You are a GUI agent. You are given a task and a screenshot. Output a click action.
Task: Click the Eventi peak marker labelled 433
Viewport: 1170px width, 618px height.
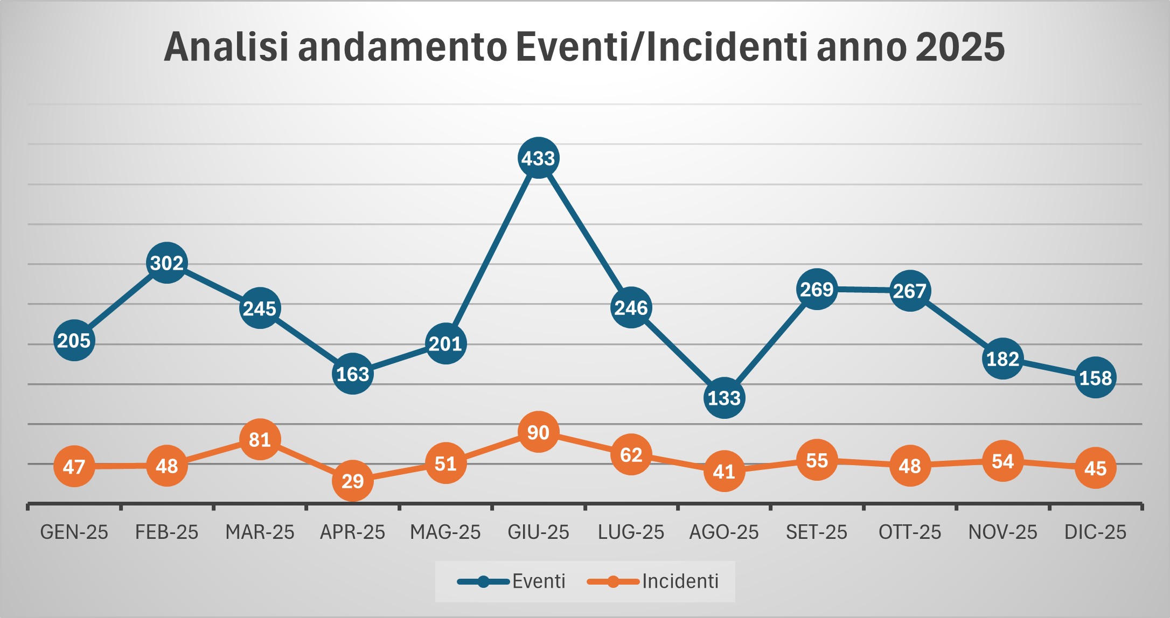click(538, 158)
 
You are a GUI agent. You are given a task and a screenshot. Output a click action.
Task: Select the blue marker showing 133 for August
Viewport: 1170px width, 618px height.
click(724, 398)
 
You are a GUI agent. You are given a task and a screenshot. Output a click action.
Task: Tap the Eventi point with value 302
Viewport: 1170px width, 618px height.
click(167, 263)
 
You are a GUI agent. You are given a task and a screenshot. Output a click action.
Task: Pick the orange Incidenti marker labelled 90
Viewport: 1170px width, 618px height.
click(538, 432)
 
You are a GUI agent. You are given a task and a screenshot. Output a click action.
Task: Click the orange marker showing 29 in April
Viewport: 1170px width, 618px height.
click(352, 481)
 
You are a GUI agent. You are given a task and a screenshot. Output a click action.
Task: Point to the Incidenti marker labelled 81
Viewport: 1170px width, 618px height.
click(260, 440)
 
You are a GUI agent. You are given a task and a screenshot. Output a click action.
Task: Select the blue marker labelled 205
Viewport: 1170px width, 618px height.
click(74, 340)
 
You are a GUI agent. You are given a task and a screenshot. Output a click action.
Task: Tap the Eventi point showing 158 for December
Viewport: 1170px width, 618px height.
click(1095, 378)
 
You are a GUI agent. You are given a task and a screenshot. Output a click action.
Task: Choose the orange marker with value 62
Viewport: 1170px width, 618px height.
click(631, 455)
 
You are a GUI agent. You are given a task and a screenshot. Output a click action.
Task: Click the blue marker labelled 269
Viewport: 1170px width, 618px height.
click(817, 290)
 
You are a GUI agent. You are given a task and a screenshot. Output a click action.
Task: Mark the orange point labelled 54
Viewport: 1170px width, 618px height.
click(1002, 461)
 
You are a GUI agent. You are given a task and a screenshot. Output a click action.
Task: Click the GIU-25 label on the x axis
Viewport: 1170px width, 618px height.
click(538, 532)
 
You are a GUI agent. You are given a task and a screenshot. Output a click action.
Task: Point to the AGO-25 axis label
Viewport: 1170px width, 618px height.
click(724, 532)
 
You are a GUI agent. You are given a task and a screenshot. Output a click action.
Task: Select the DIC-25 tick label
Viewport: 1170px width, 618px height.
click(1095, 532)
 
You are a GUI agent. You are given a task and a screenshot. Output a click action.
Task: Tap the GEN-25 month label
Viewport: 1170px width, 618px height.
click(74, 532)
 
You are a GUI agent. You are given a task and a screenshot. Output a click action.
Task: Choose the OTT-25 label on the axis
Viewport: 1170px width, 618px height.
click(909, 532)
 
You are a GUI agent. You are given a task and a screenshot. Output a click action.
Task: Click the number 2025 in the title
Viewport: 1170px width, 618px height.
click(959, 47)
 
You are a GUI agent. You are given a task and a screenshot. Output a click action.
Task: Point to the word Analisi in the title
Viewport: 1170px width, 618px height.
click(226, 47)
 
